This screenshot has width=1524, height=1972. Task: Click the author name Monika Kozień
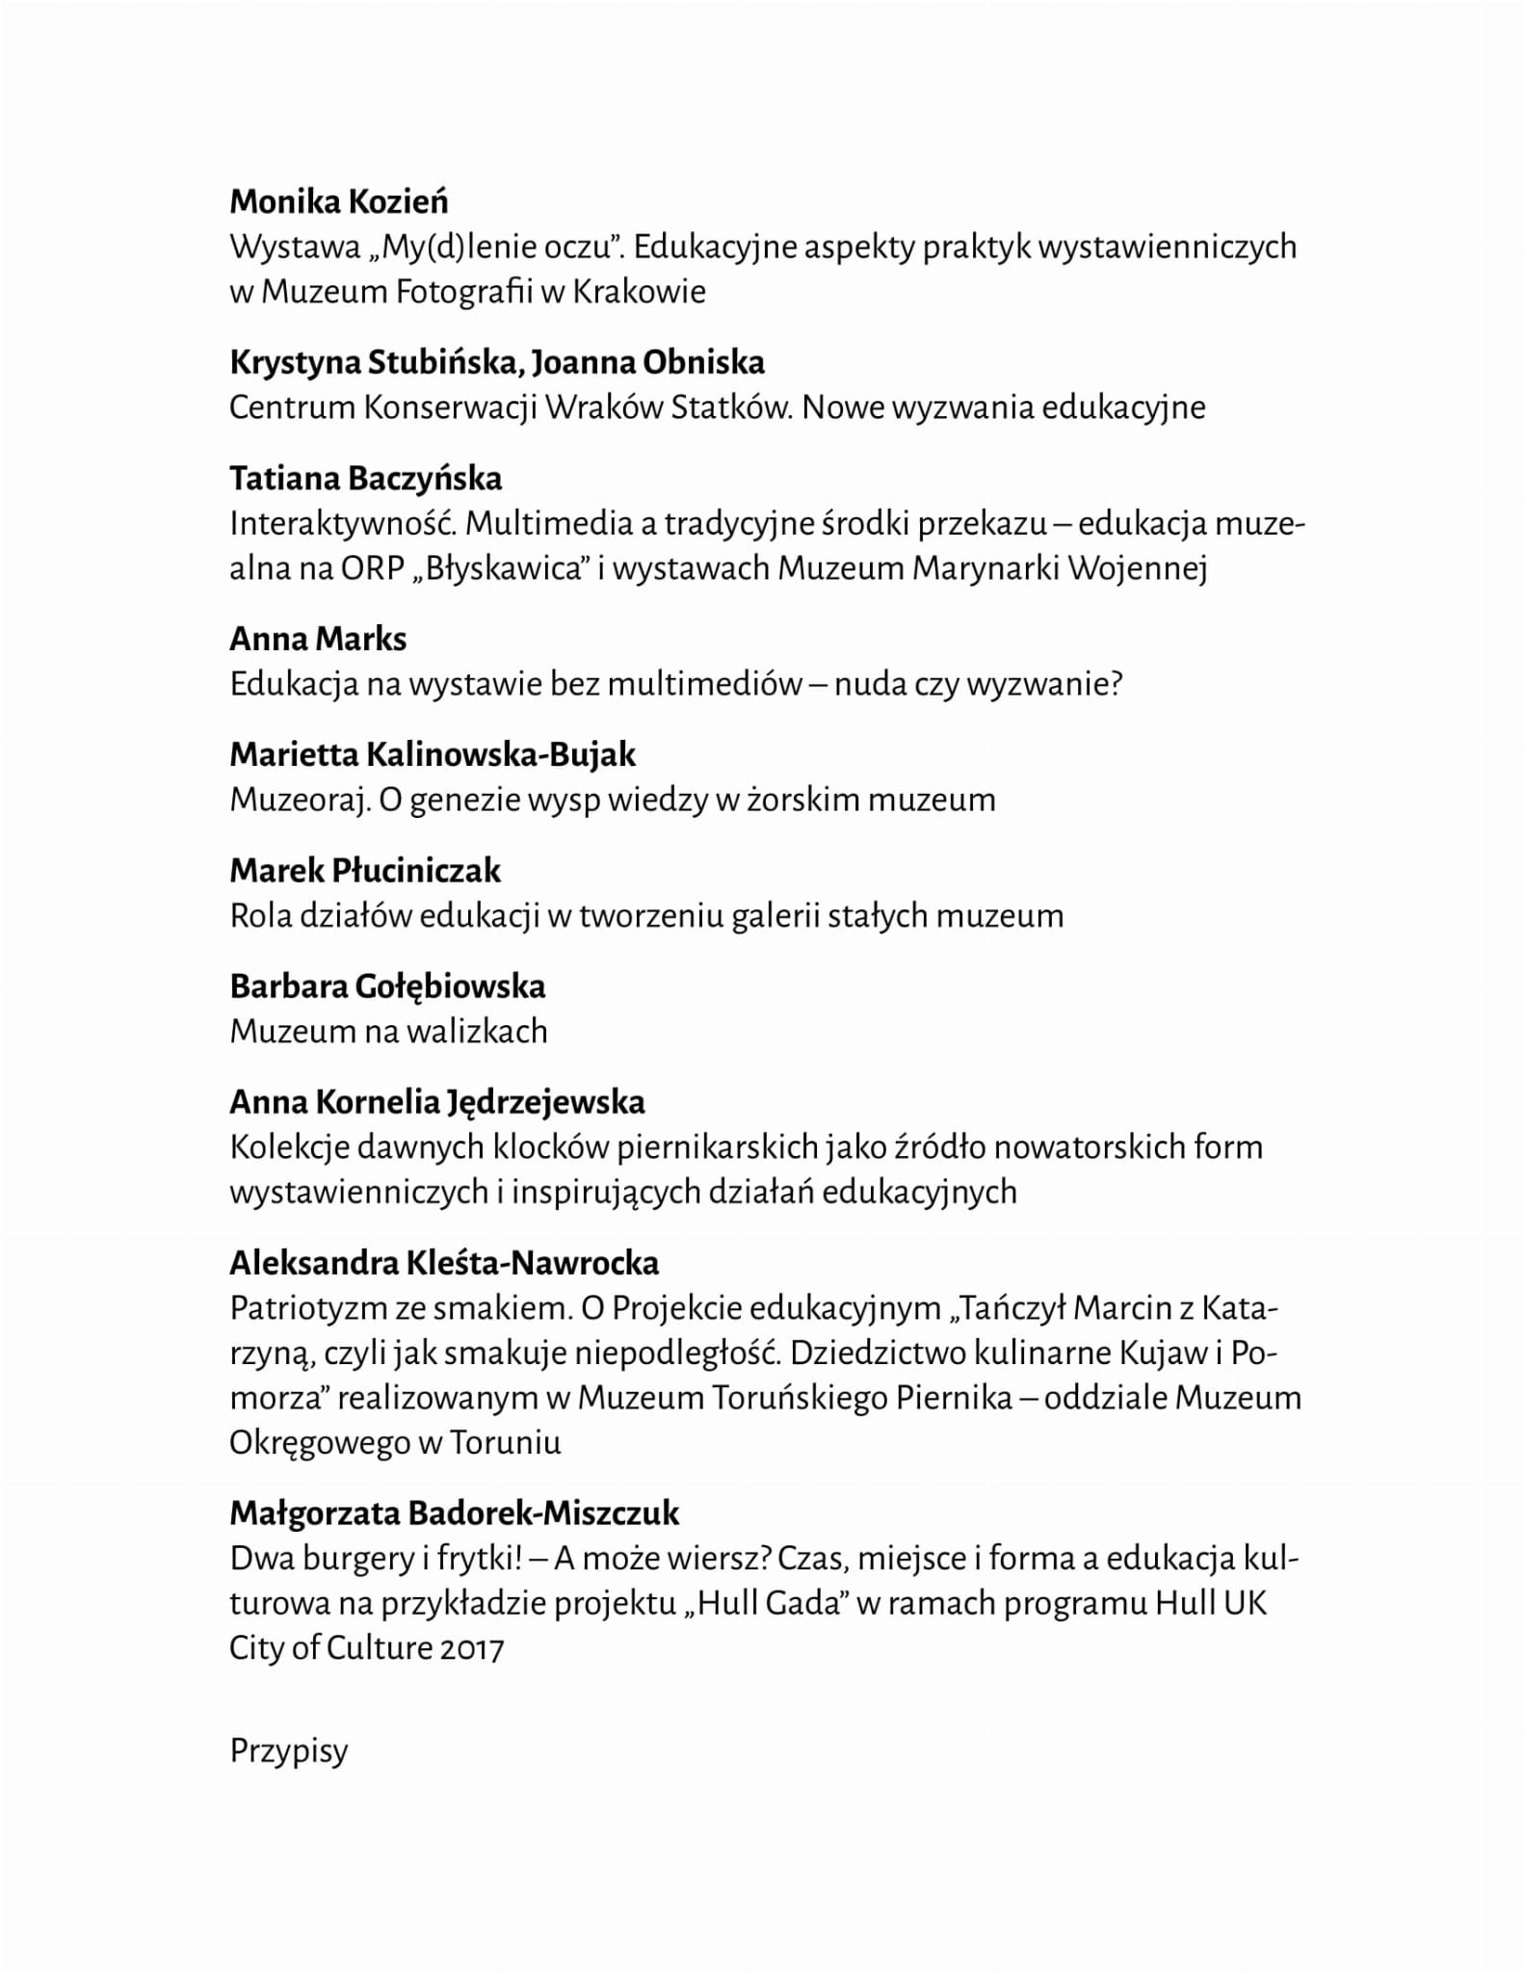[x=339, y=202]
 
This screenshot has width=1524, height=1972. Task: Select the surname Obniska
[x=703, y=363]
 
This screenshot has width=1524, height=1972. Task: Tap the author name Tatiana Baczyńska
[x=365, y=479]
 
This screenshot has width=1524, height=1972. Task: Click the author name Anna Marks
[x=318, y=639]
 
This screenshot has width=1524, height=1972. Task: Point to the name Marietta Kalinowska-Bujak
[x=433, y=754]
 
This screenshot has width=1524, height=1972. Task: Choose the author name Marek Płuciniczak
[x=365, y=871]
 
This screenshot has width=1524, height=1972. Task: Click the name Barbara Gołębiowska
[x=387, y=986]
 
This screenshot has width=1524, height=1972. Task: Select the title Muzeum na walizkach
[x=388, y=1032]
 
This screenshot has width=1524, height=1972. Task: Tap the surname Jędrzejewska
[x=546, y=1102]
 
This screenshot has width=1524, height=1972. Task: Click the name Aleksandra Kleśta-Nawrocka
[x=444, y=1263]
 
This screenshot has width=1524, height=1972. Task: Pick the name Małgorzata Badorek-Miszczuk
[x=455, y=1513]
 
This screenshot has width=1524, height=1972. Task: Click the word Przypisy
[x=288, y=1750]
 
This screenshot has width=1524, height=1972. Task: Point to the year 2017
[x=472, y=1648]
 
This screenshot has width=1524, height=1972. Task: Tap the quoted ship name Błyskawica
[x=507, y=568]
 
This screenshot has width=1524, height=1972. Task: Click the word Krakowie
[x=639, y=292]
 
